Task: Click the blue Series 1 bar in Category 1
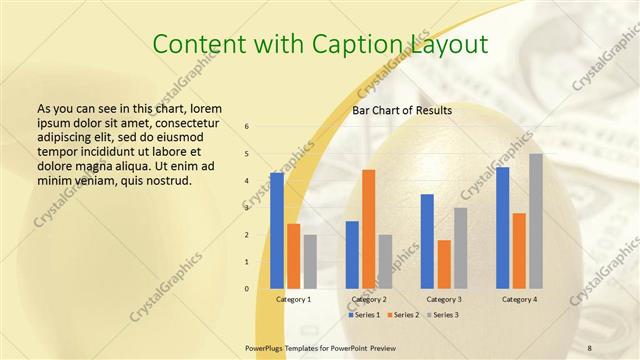click(x=277, y=230)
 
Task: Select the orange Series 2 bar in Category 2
click(x=369, y=229)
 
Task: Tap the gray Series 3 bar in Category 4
click(x=536, y=221)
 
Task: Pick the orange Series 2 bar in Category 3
click(x=444, y=264)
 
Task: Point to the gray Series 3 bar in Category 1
click(x=310, y=261)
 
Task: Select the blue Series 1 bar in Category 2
click(x=352, y=254)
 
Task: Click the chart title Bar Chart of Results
click(x=402, y=110)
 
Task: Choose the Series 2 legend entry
click(x=403, y=314)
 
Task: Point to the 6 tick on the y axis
click(x=247, y=127)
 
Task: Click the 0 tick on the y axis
click(x=247, y=289)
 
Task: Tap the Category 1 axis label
click(x=293, y=299)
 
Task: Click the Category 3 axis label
click(x=444, y=299)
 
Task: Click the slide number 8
click(x=589, y=347)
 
